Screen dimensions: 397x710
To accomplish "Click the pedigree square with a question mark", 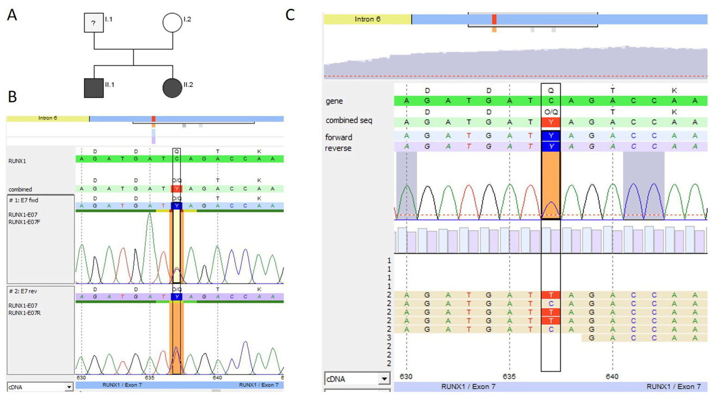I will tap(93, 23).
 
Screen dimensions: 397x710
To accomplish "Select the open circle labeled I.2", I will tap(172, 23).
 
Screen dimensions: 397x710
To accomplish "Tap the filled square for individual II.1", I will tap(94, 88).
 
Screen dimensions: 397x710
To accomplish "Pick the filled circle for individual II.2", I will tap(172, 88).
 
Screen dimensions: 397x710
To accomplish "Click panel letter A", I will tap(12, 15).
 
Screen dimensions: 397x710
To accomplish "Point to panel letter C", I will tap(290, 15).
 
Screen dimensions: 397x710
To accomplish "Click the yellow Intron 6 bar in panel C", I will tap(367, 19).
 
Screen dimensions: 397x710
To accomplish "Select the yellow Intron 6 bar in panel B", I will tap(48, 119).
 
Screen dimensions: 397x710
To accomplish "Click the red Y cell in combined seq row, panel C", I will tap(550, 122).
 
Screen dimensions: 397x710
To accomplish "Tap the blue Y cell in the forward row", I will tap(550, 136).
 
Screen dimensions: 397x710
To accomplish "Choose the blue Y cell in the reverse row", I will tap(550, 147).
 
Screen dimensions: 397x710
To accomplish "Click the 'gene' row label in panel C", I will tap(334, 101).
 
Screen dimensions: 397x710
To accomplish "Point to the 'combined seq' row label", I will tap(349, 121).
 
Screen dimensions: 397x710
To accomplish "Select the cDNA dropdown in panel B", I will tap(40, 387).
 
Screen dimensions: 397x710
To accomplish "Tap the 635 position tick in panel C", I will tap(509, 377).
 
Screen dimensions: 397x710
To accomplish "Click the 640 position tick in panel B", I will tap(217, 378).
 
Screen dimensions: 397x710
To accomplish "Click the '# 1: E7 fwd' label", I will tap(24, 201).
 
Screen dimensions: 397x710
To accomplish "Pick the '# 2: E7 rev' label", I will tap(23, 292).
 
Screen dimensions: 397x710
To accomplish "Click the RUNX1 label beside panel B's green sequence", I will tap(17, 161).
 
